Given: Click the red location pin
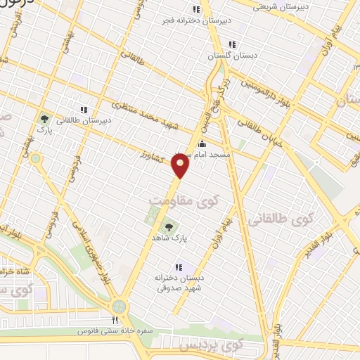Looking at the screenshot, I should point(181,166).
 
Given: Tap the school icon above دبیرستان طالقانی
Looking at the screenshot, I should point(84,110).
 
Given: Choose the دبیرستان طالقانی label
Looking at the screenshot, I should point(83,120).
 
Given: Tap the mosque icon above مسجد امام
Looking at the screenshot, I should point(202,144).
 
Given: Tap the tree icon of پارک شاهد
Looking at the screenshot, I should point(167,226).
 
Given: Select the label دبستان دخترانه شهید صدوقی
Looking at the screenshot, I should point(179,283).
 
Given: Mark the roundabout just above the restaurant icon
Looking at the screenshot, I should point(119,306).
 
